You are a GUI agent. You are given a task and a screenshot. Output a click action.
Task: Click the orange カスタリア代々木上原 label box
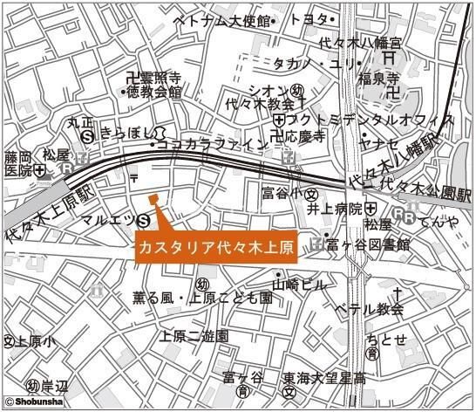(216, 248)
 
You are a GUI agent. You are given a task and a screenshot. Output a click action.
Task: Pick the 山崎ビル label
(299, 285)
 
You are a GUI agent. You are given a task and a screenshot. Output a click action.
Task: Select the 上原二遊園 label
(194, 336)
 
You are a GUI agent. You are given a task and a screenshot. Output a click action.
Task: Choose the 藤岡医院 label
(17, 163)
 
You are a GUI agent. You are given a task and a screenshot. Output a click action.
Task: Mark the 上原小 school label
(33, 342)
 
